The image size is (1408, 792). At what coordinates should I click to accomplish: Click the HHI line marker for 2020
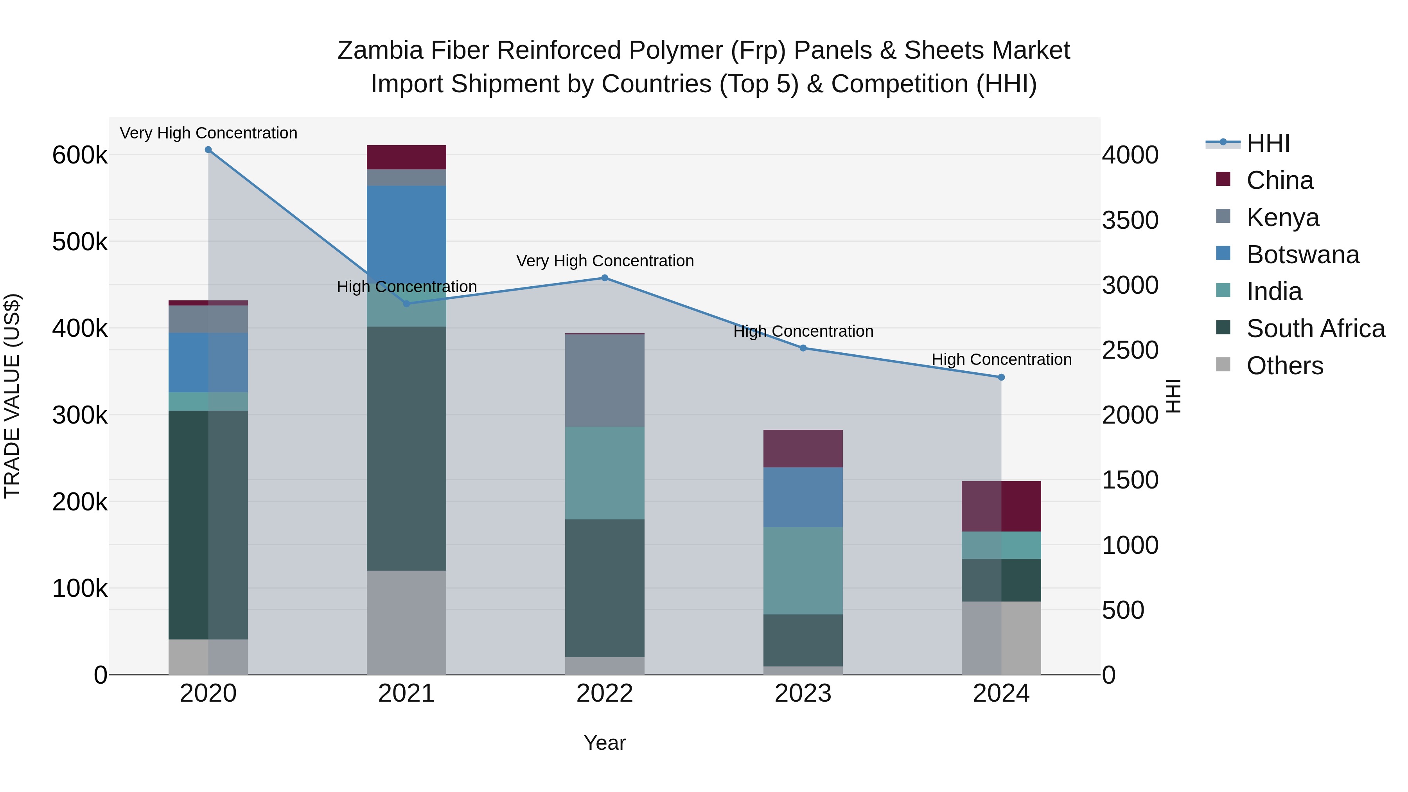point(208,150)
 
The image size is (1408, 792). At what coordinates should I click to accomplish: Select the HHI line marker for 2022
point(605,278)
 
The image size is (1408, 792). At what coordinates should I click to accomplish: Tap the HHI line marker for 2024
point(1001,377)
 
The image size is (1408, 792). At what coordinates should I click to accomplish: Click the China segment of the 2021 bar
point(406,157)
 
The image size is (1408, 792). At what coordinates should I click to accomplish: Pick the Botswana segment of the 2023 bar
point(803,497)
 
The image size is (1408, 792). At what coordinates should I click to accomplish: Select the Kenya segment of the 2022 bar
point(605,381)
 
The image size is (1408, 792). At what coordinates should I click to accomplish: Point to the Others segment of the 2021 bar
point(406,623)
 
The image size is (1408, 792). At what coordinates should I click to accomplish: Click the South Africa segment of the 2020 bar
point(208,525)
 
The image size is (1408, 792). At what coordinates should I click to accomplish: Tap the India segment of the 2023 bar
point(803,571)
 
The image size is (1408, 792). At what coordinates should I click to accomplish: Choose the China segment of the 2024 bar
point(1001,506)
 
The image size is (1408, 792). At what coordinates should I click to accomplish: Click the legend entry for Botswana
point(1302,255)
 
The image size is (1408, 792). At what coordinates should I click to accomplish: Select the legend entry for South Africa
point(1315,329)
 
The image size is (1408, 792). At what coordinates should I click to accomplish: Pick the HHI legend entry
point(1268,143)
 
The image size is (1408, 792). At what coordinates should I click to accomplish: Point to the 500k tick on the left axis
point(80,242)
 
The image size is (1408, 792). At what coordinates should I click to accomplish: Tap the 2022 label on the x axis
point(605,693)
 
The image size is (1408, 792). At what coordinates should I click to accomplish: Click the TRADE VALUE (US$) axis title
point(12,396)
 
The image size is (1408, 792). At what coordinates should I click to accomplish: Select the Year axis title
point(605,743)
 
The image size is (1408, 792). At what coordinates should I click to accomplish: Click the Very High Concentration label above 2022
point(605,261)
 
